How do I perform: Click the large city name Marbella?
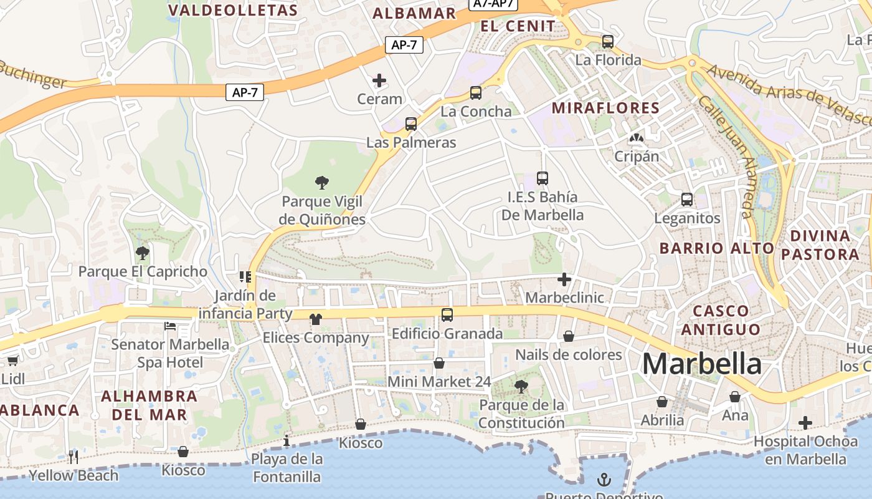(x=702, y=364)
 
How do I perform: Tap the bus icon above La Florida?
(x=608, y=42)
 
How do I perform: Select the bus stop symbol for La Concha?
(x=476, y=93)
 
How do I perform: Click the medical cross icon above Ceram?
(x=379, y=80)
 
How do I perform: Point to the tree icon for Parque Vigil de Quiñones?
(x=322, y=183)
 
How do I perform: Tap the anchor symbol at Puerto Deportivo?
(x=604, y=480)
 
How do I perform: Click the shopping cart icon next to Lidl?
(x=12, y=361)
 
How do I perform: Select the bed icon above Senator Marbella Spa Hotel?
(x=170, y=326)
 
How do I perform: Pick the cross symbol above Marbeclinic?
(x=564, y=279)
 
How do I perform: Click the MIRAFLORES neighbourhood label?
(x=605, y=108)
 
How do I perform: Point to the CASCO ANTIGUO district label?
(x=721, y=319)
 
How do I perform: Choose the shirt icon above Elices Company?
(x=316, y=319)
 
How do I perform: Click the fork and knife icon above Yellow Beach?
(x=73, y=457)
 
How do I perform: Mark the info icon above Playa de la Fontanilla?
(x=287, y=441)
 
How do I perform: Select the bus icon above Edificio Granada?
(x=447, y=315)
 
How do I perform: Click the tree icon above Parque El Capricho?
(x=143, y=253)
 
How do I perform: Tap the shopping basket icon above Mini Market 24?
(x=439, y=363)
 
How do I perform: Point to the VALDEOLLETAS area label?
(x=233, y=11)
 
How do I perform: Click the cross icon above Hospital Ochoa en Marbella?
(x=805, y=423)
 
